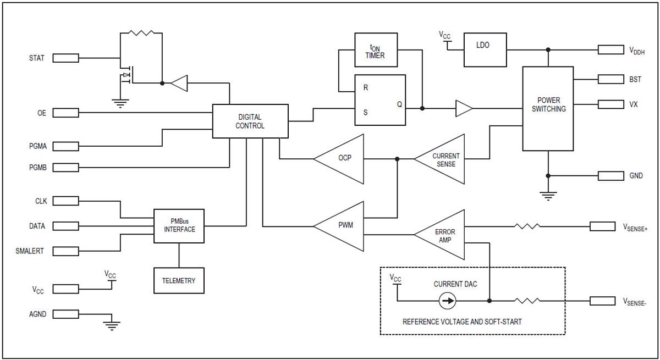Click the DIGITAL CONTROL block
point(250,121)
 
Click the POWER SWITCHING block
point(548,108)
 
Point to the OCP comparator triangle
point(342,159)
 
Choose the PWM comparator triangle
point(342,226)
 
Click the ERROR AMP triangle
point(443,235)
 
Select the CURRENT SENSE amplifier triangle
point(443,159)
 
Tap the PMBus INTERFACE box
point(179,225)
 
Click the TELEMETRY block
point(179,280)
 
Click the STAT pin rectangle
point(65,58)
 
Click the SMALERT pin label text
point(30,251)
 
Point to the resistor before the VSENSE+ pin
point(527,226)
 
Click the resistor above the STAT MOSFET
point(141,33)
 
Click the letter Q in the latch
point(399,105)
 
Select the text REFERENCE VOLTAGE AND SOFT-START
point(462,322)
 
